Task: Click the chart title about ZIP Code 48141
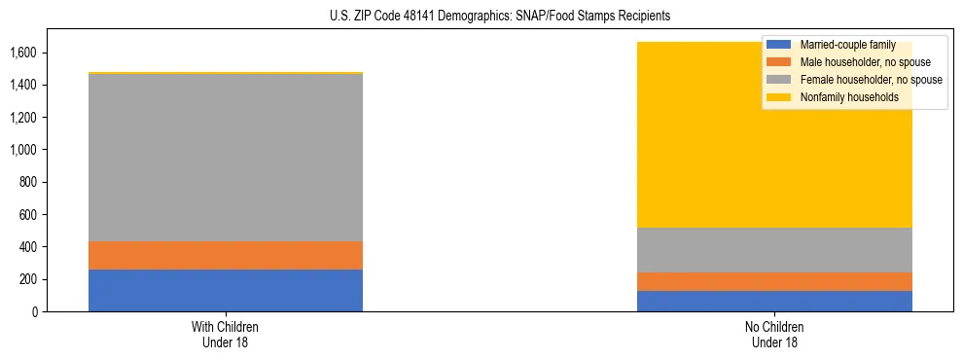point(481,17)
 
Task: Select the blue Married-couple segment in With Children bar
point(226,290)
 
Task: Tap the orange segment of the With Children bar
point(226,255)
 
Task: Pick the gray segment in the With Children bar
point(226,157)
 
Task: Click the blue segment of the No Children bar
point(774,301)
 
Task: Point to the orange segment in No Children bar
point(774,281)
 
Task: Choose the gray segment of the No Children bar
point(774,250)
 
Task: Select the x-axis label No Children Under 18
point(774,335)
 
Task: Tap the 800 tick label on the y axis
point(29,182)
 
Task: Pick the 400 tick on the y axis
point(29,247)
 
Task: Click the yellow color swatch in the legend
point(779,97)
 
